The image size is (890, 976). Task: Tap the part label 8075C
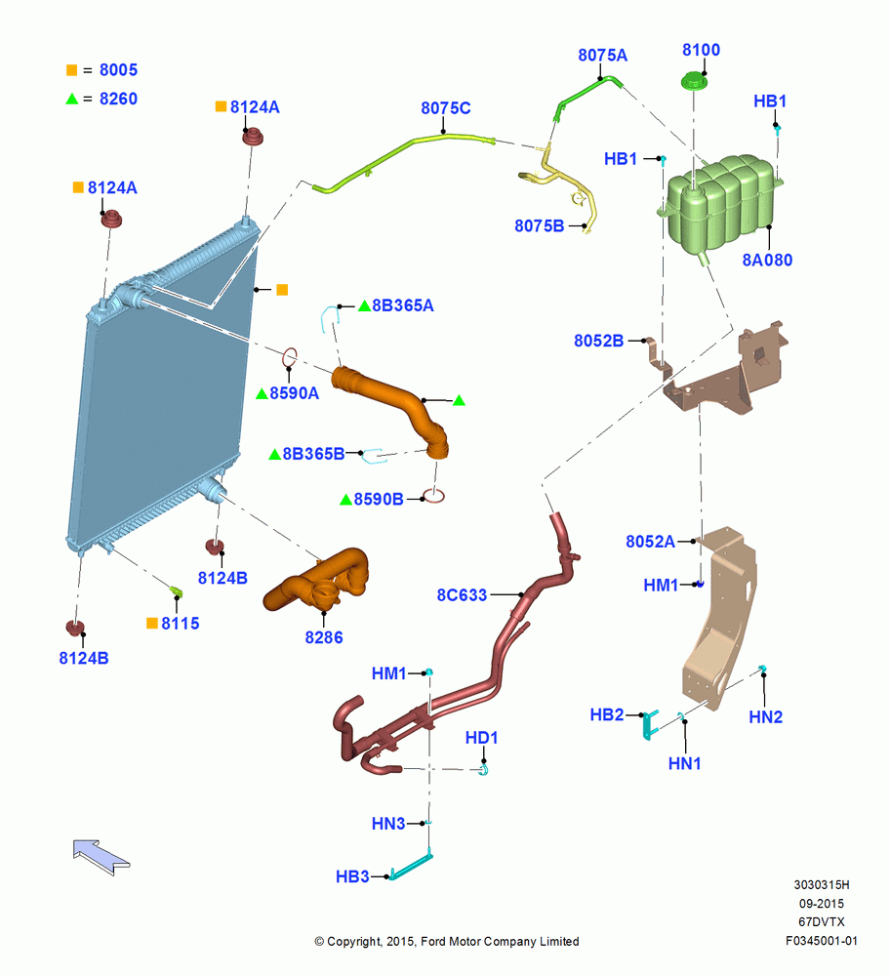446,108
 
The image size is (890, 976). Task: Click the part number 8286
324,637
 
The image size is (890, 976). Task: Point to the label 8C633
462,595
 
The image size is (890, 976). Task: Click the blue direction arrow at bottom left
101,857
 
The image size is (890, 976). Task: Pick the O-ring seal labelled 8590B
433,496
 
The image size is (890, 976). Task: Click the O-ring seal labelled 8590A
290,358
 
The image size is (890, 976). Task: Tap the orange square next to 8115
152,623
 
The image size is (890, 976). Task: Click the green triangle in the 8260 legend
72,99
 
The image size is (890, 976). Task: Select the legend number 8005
118,69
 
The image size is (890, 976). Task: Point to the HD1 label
482,738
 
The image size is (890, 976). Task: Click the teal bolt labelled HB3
411,866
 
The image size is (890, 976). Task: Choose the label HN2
765,717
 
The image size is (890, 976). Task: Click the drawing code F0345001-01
822,941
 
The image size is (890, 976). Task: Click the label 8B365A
403,305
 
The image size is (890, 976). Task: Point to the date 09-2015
822,904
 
